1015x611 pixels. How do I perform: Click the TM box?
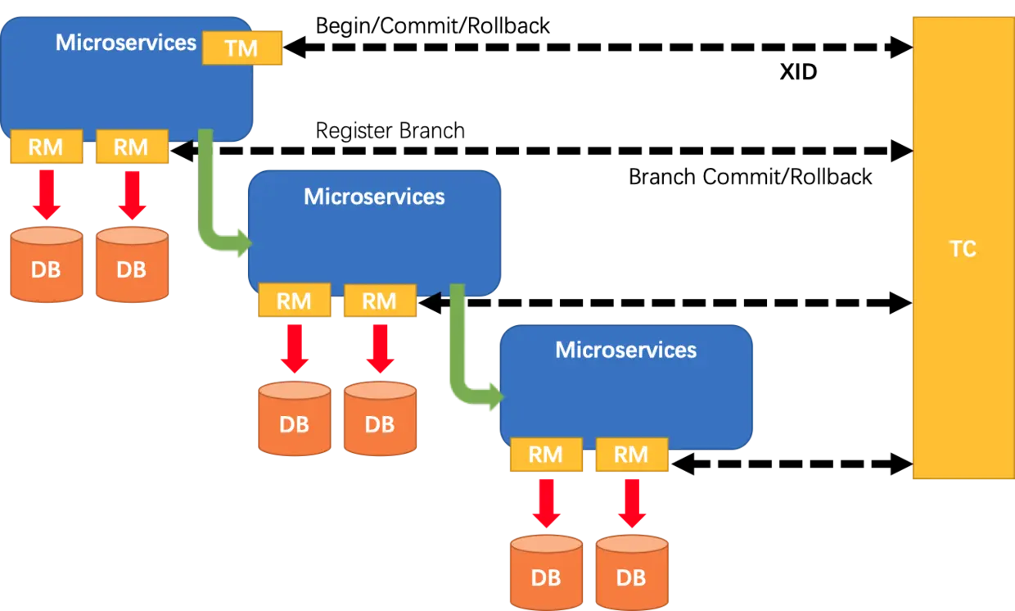pyautogui.click(x=241, y=48)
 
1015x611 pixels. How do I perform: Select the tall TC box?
pyautogui.click(x=963, y=248)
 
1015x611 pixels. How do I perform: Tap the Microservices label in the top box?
pyautogui.click(x=126, y=43)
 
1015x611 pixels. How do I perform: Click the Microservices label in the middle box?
pyautogui.click(x=374, y=197)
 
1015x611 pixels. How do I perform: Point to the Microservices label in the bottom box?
pyautogui.click(x=625, y=351)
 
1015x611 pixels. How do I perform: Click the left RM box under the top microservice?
pyautogui.click(x=47, y=147)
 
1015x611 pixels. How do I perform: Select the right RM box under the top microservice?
pyautogui.click(x=131, y=147)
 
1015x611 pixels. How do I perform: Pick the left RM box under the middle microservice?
pyautogui.click(x=294, y=301)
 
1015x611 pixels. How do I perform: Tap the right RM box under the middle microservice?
pyautogui.click(x=379, y=301)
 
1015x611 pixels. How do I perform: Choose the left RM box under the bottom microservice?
pyautogui.click(x=546, y=455)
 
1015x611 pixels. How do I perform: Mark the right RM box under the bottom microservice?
pyautogui.click(x=631, y=455)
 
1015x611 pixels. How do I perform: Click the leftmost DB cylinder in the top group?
pyautogui.click(x=47, y=266)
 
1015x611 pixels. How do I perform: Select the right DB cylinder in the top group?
pyautogui.click(x=132, y=266)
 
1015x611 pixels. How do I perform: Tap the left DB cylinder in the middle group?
pyautogui.click(x=294, y=420)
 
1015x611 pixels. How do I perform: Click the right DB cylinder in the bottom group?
pyautogui.click(x=631, y=573)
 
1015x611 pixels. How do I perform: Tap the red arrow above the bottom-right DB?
pyautogui.click(x=631, y=503)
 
